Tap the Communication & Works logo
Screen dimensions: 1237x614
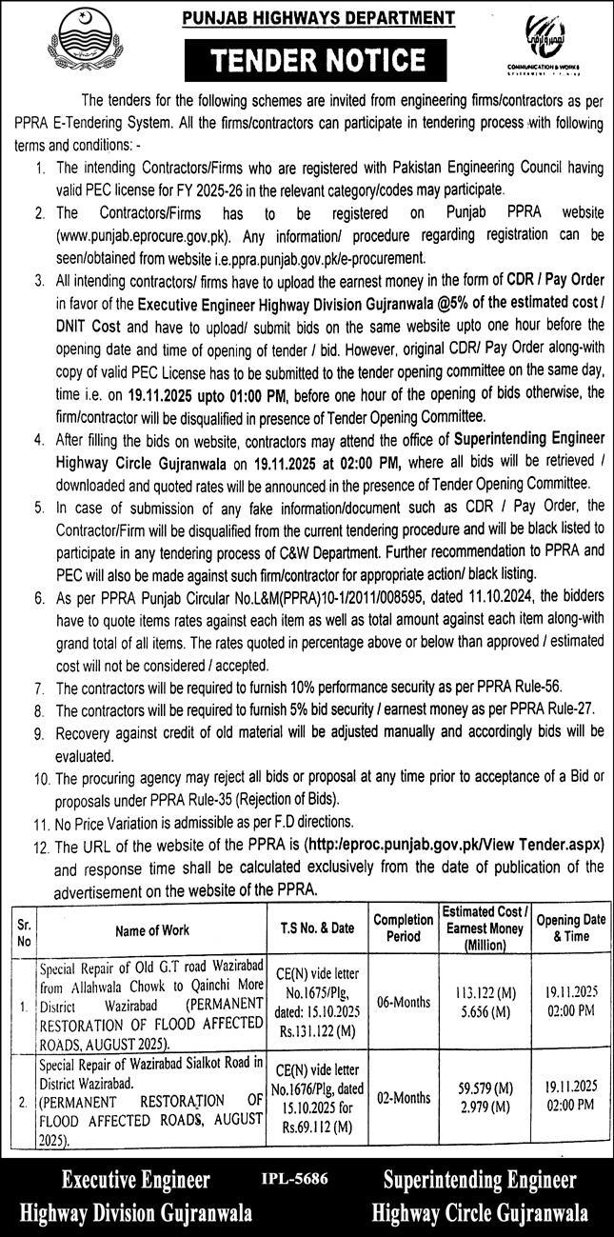[x=562, y=43]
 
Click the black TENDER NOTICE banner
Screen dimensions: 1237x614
[x=307, y=61]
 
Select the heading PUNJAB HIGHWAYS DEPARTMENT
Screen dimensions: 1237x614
[x=307, y=17]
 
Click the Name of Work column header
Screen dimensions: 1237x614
[x=152, y=930]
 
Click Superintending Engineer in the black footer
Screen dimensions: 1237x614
[x=480, y=1181]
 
